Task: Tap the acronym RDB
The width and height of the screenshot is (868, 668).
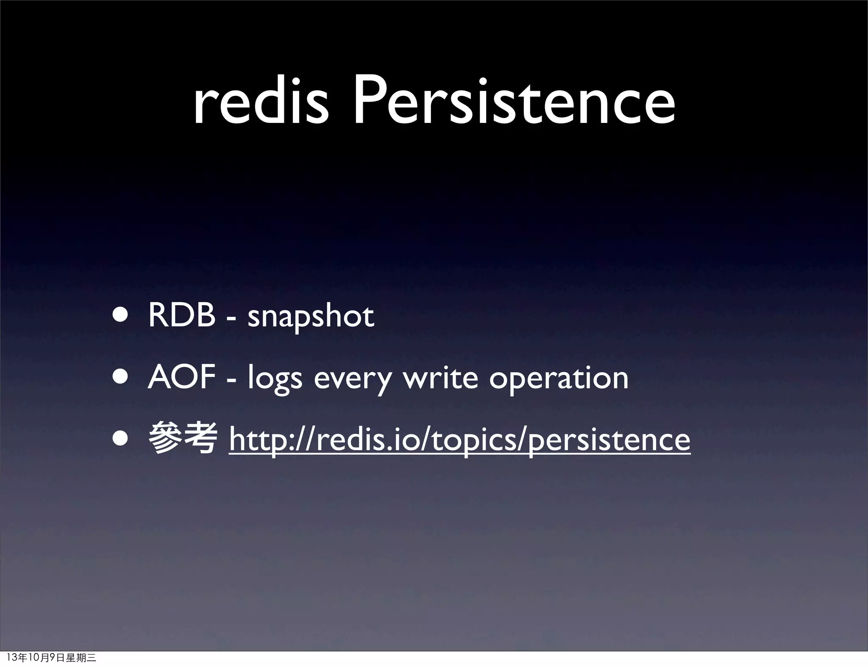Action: click(182, 316)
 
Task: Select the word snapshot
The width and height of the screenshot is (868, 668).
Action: click(311, 317)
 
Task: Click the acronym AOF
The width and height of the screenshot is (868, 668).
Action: click(182, 377)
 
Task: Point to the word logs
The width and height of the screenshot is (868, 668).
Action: click(275, 379)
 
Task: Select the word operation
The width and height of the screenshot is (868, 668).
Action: click(559, 379)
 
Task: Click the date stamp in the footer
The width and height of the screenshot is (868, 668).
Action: click(52, 657)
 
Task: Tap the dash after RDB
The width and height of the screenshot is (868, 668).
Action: click(231, 318)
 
